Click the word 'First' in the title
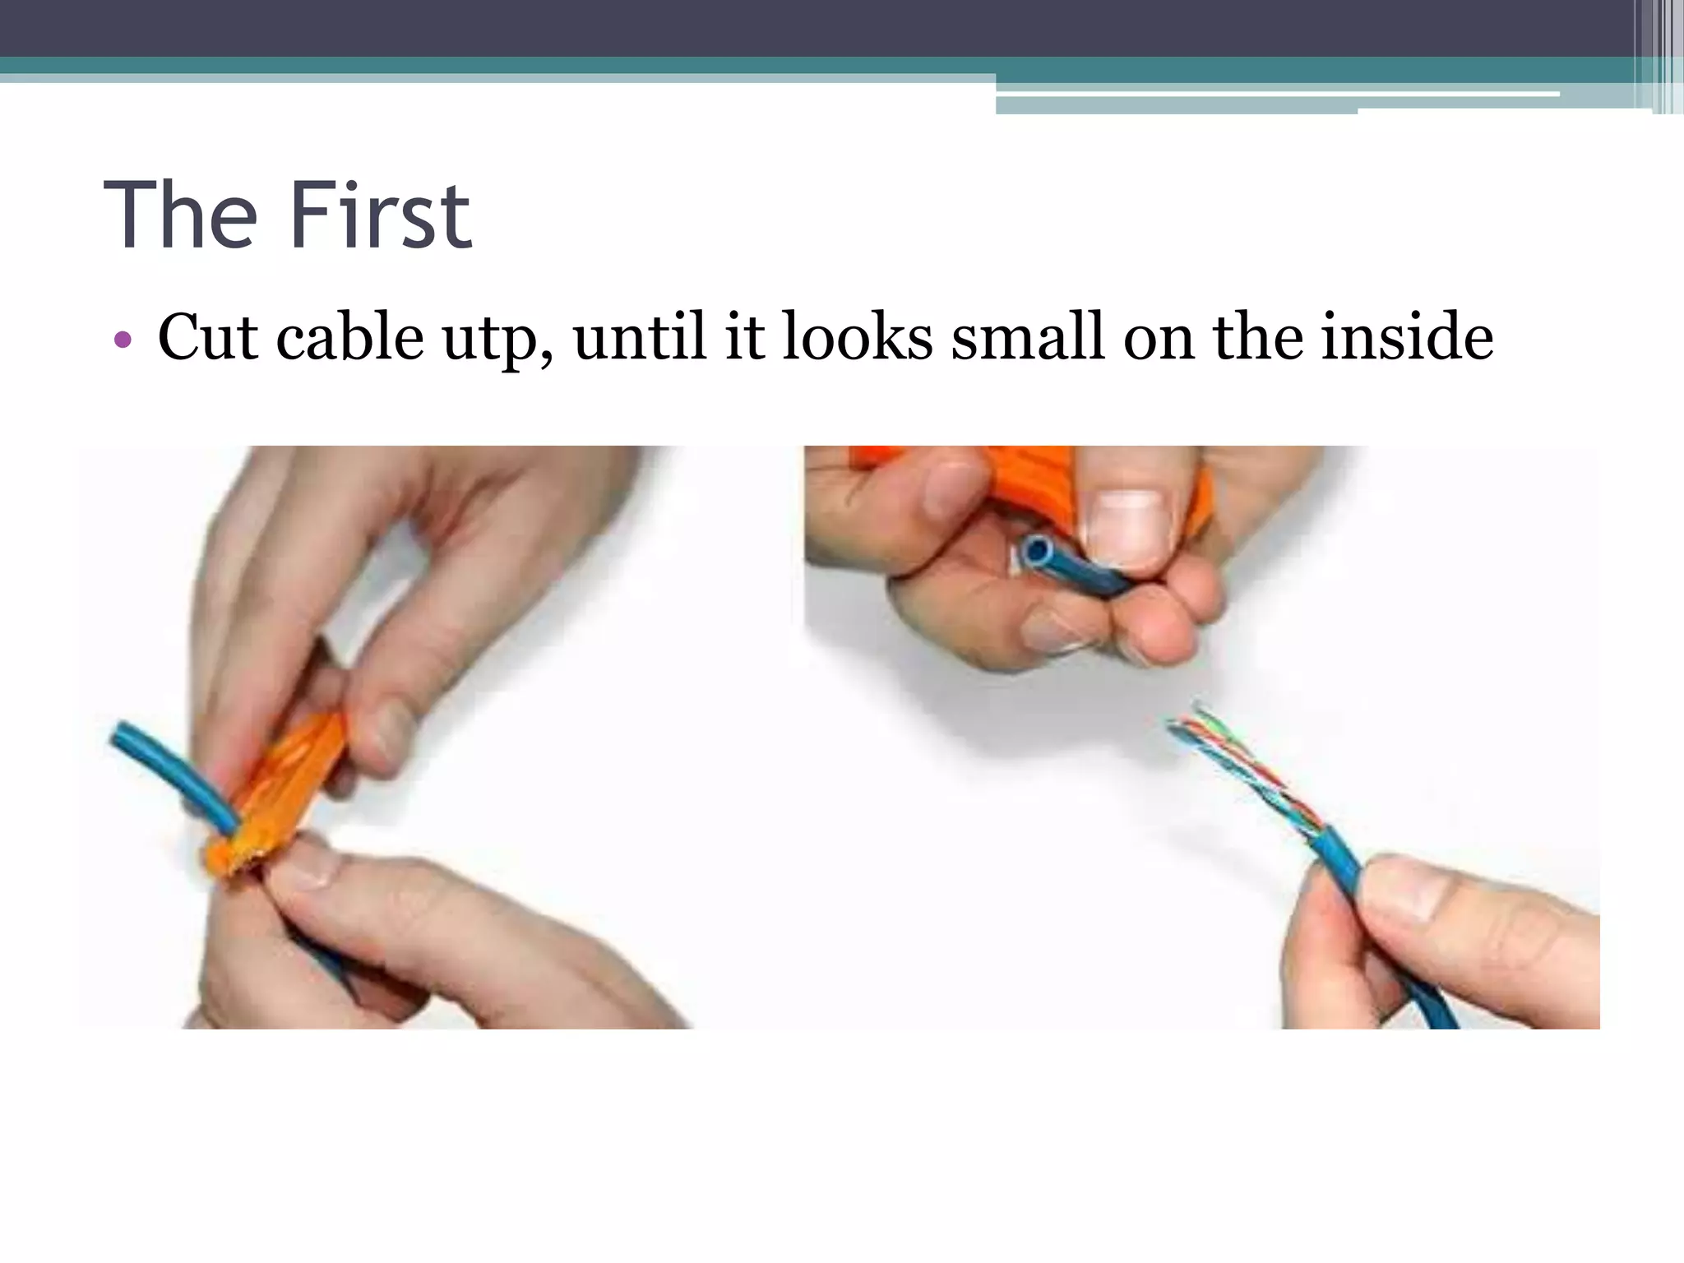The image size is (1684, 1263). pos(381,215)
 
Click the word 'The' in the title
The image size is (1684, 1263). pos(180,215)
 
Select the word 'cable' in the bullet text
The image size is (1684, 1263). pos(350,336)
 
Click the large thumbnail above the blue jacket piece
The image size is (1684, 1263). pos(1127,527)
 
